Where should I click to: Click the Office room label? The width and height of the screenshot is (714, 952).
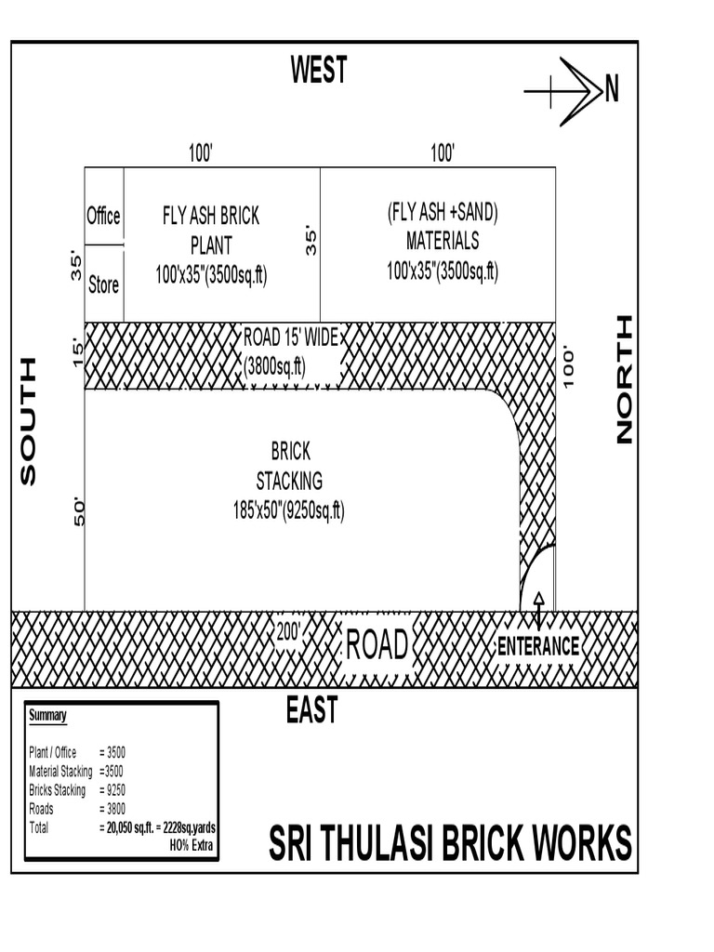click(x=103, y=216)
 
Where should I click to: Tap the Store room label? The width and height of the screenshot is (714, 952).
click(x=103, y=285)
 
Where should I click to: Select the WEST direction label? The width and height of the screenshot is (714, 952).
click(x=318, y=71)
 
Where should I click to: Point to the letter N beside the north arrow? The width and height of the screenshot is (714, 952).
click(x=611, y=89)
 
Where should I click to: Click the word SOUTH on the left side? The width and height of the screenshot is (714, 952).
click(x=29, y=421)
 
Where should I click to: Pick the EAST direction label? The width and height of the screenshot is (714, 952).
click(x=311, y=711)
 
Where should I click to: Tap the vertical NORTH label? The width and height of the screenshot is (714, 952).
click(x=624, y=379)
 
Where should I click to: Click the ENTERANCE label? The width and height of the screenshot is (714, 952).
click(x=538, y=647)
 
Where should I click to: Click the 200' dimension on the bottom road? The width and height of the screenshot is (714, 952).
click(x=290, y=630)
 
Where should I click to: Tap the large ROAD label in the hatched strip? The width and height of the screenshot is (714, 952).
click(x=377, y=644)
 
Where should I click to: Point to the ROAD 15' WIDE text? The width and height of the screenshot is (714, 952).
click(x=291, y=337)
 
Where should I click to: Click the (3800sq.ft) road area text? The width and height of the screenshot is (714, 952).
click(x=275, y=365)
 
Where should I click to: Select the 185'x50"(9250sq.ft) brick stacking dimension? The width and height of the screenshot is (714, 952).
click(x=289, y=510)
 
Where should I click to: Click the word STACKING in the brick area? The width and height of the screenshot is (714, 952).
click(x=289, y=481)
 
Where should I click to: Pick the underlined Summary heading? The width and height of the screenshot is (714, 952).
click(x=47, y=716)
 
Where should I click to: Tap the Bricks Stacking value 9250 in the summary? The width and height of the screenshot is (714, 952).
click(x=112, y=790)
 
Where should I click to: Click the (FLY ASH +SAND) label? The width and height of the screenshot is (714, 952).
click(x=443, y=212)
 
